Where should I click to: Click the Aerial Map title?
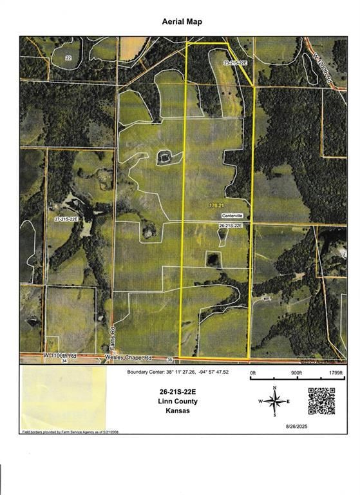pos(182,21)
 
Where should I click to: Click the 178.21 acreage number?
pos(216,205)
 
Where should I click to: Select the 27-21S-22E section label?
pos(66,219)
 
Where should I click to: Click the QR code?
pos(321,401)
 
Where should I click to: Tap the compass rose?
pos(275,402)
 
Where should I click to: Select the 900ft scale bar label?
pos(296,373)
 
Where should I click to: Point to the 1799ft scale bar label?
pos(336,373)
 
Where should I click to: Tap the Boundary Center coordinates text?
pos(183,372)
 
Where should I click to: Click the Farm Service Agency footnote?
pos(71,432)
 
